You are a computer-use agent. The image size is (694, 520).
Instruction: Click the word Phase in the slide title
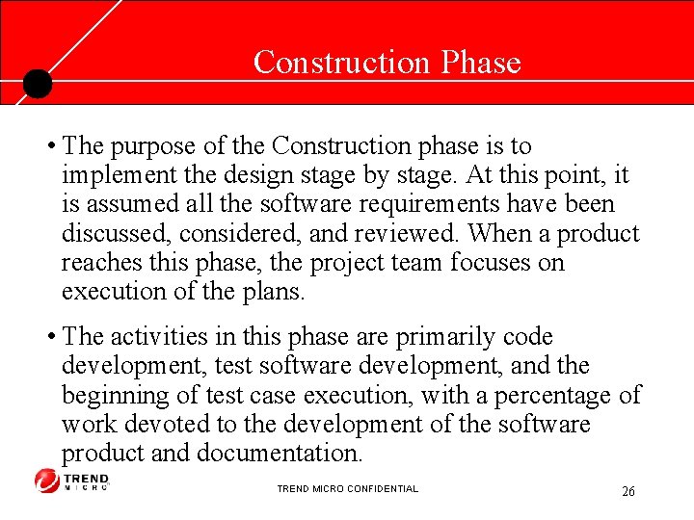click(480, 63)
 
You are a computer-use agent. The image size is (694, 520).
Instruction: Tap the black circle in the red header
click(37, 84)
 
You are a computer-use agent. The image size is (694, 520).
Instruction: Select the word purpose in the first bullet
click(149, 146)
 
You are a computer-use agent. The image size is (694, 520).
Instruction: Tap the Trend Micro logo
click(72, 481)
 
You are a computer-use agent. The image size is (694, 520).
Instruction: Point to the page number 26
click(627, 492)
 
